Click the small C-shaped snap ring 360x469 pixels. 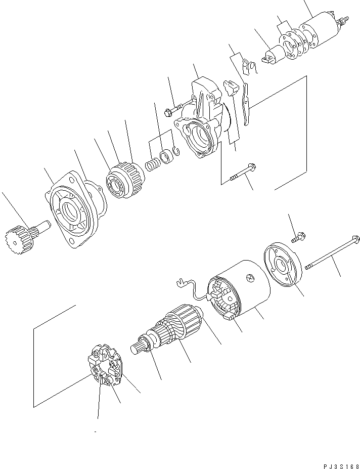coord(175,150)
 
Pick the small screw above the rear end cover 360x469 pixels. coord(298,236)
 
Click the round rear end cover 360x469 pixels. coord(283,266)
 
